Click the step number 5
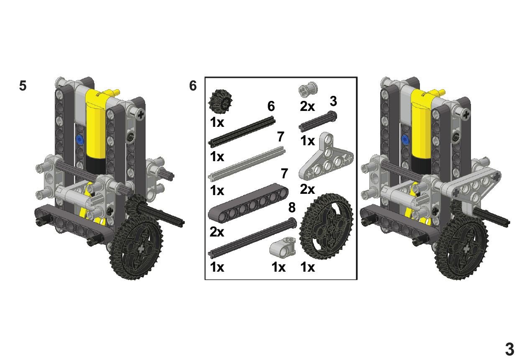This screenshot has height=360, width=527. [23, 85]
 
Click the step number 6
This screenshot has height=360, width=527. [193, 85]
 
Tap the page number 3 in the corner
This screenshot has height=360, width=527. [509, 350]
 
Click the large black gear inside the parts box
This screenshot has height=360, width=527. [326, 226]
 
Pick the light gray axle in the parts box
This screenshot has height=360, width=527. [247, 163]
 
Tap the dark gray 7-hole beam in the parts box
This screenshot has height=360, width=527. [248, 203]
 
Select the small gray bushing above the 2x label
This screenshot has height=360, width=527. [308, 90]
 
